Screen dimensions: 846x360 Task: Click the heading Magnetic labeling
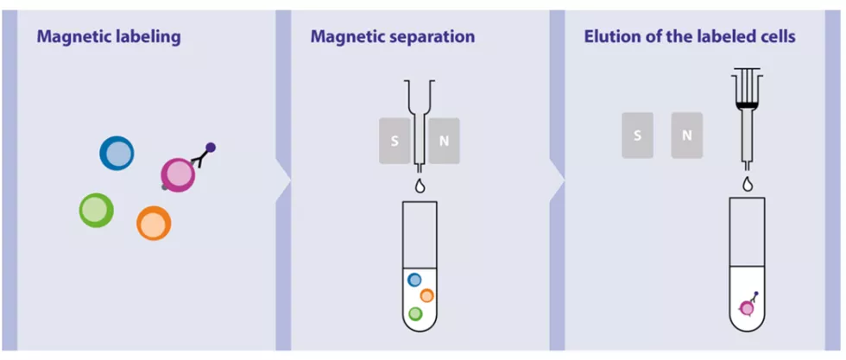109,37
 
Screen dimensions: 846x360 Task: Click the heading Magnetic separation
393,37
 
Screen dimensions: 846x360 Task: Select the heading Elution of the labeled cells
690,37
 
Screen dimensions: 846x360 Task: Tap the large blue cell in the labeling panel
117,154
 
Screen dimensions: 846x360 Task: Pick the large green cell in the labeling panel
97,210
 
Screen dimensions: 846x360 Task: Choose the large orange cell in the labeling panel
154,224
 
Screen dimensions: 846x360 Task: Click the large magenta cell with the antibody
178,175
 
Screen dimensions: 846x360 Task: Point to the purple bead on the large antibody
211,147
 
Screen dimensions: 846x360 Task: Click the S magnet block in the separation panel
395,141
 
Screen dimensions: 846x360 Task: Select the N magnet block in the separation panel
444,141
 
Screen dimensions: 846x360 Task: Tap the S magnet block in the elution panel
637,135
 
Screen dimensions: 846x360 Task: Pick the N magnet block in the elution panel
687,135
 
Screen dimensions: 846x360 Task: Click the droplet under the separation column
420,186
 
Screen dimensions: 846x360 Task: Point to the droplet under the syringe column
748,184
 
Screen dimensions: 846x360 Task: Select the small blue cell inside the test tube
414,280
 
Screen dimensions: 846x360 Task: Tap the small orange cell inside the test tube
426,296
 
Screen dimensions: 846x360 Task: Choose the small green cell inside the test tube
415,313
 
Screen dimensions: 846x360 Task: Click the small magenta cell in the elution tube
747,308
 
